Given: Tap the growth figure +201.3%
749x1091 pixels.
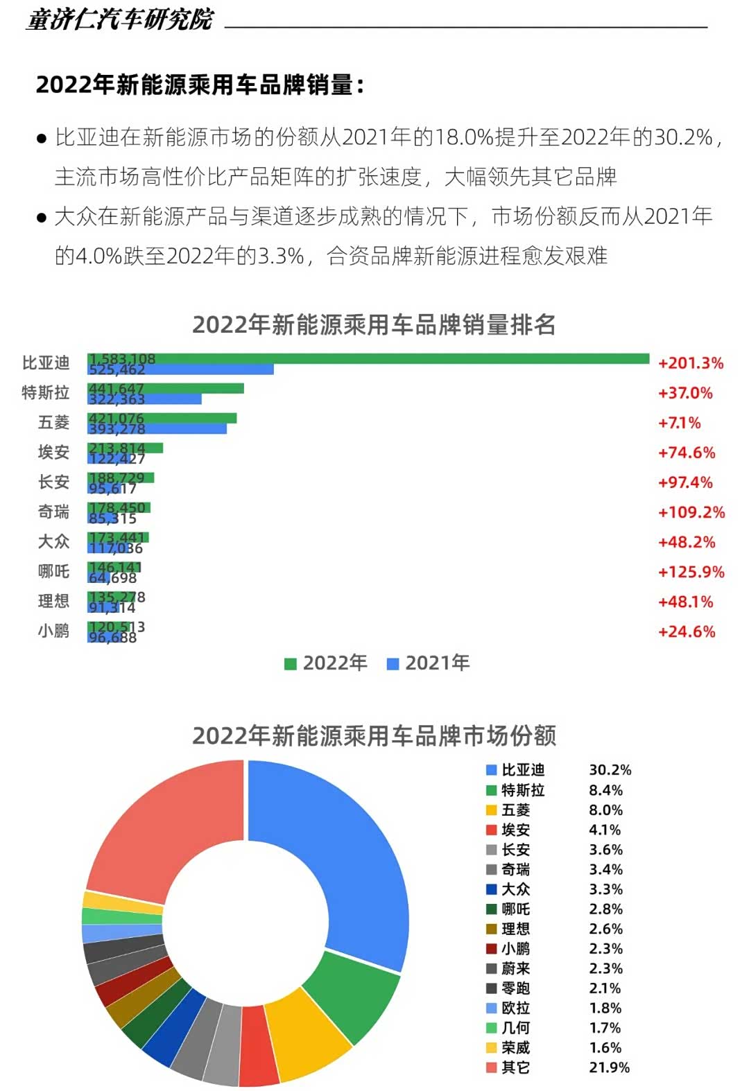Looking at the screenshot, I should (690, 363).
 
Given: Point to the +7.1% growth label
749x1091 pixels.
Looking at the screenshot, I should (679, 423).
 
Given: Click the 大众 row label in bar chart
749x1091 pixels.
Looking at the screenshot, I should (53, 541).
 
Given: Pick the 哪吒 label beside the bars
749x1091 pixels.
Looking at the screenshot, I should (53, 571).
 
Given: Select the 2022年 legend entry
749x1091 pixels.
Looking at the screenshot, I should (326, 663).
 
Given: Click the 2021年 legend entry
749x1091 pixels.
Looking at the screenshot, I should (428, 663).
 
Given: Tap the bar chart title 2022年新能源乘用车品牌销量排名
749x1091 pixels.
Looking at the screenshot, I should (374, 324).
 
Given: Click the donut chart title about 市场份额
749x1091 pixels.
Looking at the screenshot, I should (374, 735).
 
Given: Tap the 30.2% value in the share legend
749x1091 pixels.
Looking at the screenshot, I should (610, 770).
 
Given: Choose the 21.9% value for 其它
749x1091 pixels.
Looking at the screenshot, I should (609, 1067).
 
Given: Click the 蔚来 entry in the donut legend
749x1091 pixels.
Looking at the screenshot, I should (515, 968).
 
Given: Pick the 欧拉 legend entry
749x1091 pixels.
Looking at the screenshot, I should (515, 1008).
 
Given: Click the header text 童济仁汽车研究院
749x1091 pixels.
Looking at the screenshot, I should (120, 19).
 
